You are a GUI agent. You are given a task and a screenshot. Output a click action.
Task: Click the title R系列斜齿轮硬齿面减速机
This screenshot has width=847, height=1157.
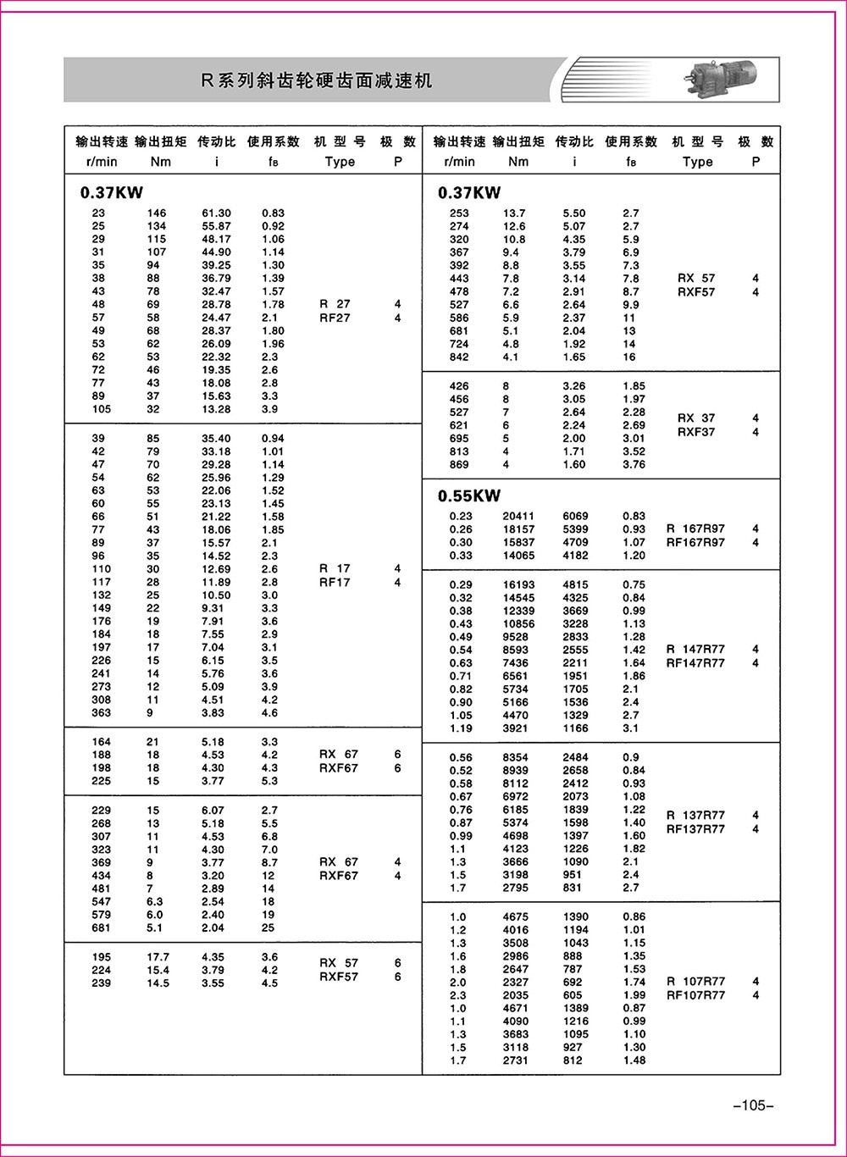pyautogui.click(x=316, y=80)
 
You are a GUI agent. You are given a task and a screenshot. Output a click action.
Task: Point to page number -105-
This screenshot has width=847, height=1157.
pyautogui.click(x=753, y=1105)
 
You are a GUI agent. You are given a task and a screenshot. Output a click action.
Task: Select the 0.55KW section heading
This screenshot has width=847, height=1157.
pyautogui.click(x=469, y=495)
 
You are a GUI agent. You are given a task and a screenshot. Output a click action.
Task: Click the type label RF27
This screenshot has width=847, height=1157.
pyautogui.click(x=335, y=318)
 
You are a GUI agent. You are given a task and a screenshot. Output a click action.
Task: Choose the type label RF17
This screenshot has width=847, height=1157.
pyautogui.click(x=335, y=582)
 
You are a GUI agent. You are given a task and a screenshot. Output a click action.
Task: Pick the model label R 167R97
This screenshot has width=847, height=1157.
pyautogui.click(x=695, y=529)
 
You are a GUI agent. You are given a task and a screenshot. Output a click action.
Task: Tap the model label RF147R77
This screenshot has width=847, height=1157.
pyautogui.click(x=695, y=663)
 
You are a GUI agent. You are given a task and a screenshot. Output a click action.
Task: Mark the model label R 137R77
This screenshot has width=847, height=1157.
pyautogui.click(x=695, y=815)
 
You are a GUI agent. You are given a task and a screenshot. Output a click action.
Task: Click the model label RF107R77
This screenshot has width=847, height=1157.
pyautogui.click(x=695, y=995)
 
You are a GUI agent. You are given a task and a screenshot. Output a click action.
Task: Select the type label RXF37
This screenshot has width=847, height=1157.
pyautogui.click(x=695, y=432)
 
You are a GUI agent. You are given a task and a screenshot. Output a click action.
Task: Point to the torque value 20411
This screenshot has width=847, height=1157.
pyautogui.click(x=518, y=516)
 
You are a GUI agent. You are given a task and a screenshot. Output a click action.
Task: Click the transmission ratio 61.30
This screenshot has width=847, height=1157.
pyautogui.click(x=216, y=213)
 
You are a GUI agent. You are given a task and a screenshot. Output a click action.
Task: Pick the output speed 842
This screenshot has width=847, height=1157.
pyautogui.click(x=459, y=357)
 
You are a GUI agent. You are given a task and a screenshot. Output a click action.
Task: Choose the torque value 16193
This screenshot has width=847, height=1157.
pyautogui.click(x=518, y=584)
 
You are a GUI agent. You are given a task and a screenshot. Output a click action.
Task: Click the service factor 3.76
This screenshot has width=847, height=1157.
pyautogui.click(x=634, y=464)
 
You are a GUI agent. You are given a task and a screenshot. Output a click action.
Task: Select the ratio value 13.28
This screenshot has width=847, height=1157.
pyautogui.click(x=216, y=409)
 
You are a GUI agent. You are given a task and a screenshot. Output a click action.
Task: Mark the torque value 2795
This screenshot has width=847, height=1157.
pyautogui.click(x=515, y=888)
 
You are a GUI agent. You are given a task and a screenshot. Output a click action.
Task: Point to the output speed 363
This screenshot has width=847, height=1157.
pyautogui.click(x=102, y=713)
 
